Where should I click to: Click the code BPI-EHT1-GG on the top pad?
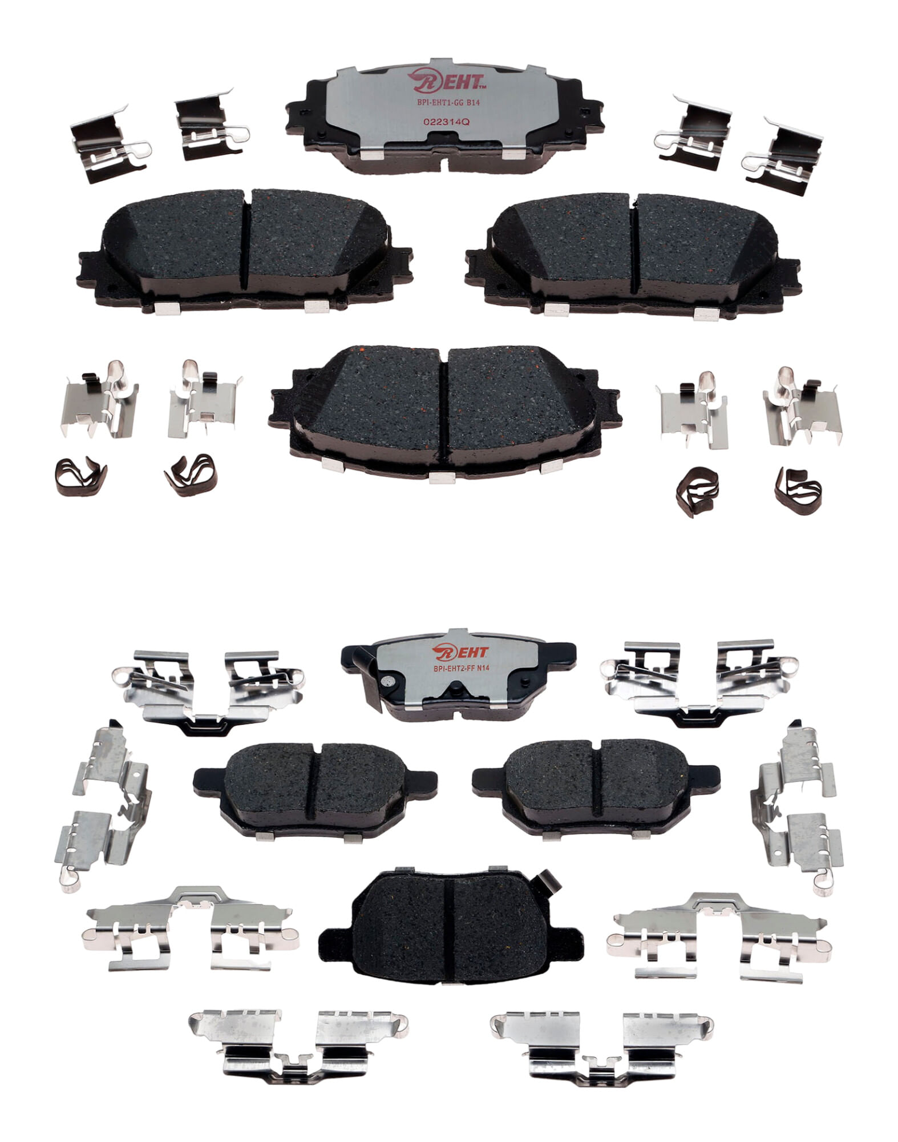pos(428,103)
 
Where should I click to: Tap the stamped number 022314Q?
pos(438,122)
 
